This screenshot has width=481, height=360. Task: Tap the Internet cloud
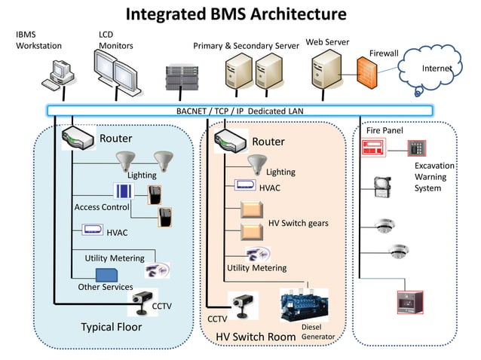pos(437,69)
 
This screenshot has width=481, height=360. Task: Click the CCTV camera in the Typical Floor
pos(140,302)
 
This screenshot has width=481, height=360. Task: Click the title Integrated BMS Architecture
pos(235,14)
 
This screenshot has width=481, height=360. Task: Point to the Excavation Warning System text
pos(434,176)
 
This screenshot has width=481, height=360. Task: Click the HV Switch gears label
pos(298,224)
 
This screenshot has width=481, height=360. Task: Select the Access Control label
pos(102,206)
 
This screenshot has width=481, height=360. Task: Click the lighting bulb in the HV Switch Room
pos(257,162)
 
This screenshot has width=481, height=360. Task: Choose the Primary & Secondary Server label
pos(246,46)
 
